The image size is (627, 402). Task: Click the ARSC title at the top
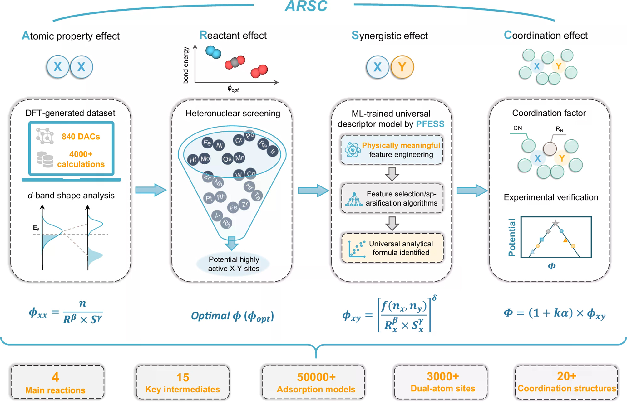click(306, 6)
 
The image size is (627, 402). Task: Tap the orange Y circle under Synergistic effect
click(402, 67)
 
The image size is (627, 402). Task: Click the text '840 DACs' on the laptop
click(81, 137)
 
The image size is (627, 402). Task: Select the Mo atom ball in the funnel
click(205, 158)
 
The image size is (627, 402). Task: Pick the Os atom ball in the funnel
click(227, 159)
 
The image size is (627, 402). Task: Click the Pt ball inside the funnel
click(209, 198)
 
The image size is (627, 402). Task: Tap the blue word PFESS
click(430, 124)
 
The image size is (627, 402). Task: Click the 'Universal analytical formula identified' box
click(392, 248)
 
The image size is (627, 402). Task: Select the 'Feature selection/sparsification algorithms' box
click(392, 198)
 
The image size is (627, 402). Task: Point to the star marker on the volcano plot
click(555, 223)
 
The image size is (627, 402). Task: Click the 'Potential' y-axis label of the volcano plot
click(512, 237)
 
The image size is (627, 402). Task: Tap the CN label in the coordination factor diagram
click(517, 128)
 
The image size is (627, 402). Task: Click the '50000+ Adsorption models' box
click(313, 382)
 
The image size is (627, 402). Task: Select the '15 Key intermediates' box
click(183, 382)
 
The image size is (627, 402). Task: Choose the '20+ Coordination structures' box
click(566, 382)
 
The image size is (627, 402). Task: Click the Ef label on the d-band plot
click(36, 228)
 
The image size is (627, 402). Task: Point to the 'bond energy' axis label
click(186, 65)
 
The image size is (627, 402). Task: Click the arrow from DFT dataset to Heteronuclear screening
click(151, 190)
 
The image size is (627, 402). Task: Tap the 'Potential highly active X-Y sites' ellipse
click(234, 264)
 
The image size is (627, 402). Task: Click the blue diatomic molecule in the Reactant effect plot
click(214, 52)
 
